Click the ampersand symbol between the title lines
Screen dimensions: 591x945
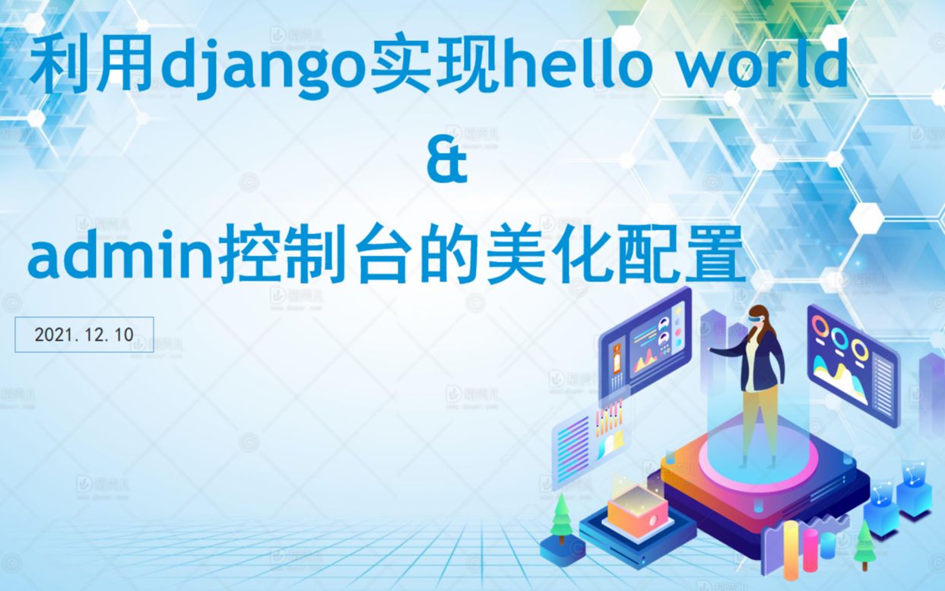(446, 164)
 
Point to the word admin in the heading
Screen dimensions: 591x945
(122, 259)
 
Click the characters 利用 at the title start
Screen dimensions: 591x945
(91, 67)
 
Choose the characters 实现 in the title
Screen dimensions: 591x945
(436, 67)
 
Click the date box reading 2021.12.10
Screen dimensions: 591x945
(84, 335)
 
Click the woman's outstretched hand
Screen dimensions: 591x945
(712, 351)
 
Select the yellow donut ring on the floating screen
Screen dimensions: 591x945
(859, 348)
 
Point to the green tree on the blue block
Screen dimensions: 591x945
(561, 517)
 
